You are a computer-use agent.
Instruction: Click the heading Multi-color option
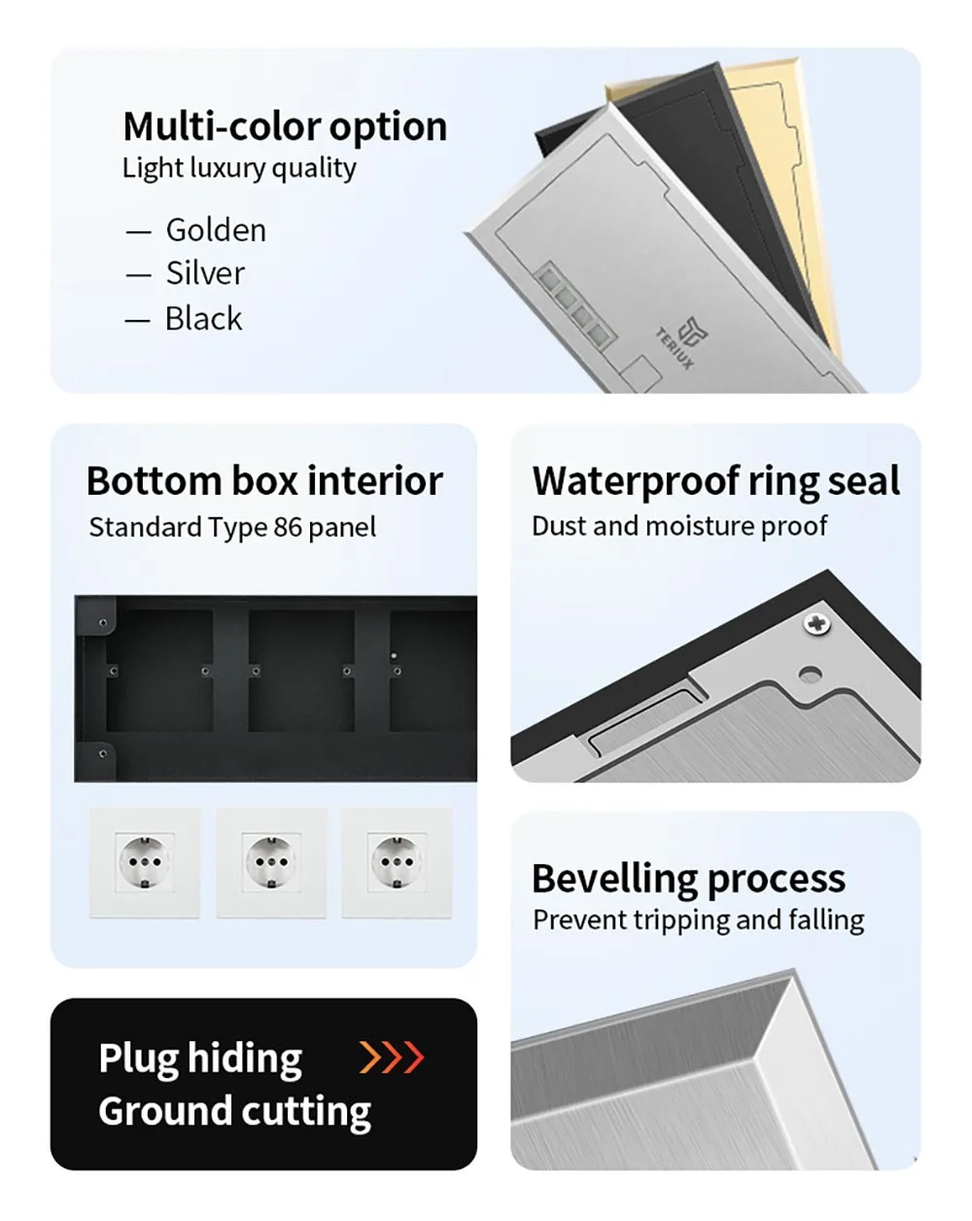pyautogui.click(x=285, y=126)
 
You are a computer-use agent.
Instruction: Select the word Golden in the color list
pyautogui.click(x=216, y=230)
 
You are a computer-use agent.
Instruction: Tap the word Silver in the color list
pyautogui.click(x=205, y=273)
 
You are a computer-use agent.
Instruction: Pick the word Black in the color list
pyautogui.click(x=203, y=319)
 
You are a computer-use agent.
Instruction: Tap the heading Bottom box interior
pyautogui.click(x=264, y=481)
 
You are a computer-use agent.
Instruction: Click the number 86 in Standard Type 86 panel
pyautogui.click(x=288, y=527)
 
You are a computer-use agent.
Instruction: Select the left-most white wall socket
pyautogui.click(x=145, y=862)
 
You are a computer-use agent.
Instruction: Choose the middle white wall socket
pyautogui.click(x=271, y=862)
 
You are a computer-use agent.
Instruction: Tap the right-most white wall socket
pyautogui.click(x=397, y=862)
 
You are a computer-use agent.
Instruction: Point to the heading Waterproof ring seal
pyautogui.click(x=715, y=481)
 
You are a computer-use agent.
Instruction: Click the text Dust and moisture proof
pyautogui.click(x=678, y=526)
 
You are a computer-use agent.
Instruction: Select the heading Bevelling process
pyautogui.click(x=688, y=879)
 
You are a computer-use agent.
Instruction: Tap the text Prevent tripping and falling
pyautogui.click(x=698, y=920)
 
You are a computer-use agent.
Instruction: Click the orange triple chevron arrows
pyautogui.click(x=392, y=1057)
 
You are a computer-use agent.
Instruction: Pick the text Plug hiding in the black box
pyautogui.click(x=200, y=1059)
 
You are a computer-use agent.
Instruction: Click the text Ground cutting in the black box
pyautogui.click(x=234, y=1111)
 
